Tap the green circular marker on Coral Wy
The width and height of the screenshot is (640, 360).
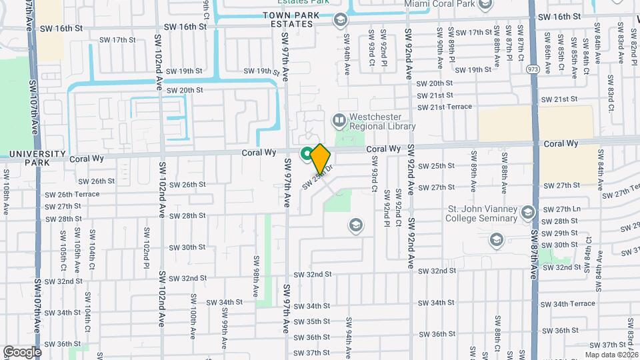click(307, 154)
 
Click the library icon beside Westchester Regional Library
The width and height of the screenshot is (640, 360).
click(340, 121)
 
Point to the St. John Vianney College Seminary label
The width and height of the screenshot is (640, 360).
click(483, 213)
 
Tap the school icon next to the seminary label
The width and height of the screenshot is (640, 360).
click(529, 213)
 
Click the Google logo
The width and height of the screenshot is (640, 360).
click(22, 351)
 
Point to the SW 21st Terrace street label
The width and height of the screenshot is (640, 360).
click(444, 107)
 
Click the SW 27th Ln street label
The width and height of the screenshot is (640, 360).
click(561, 209)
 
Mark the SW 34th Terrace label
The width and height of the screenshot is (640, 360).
click(569, 303)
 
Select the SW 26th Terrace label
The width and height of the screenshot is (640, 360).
click(71, 195)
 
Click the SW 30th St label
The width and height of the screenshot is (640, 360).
click(187, 247)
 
